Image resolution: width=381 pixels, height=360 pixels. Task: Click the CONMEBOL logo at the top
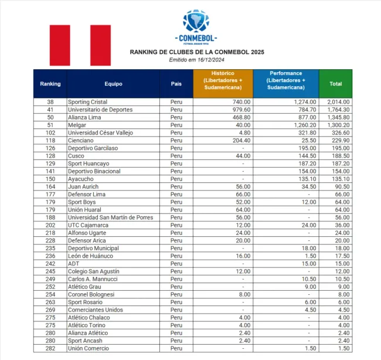pyautogui.click(x=199, y=27)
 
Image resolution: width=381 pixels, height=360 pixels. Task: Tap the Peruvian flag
pyautogui.click(x=80, y=45)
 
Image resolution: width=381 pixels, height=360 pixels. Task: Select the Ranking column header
pyautogui.click(x=50, y=84)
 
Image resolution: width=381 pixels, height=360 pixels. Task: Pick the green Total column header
pyautogui.click(x=336, y=84)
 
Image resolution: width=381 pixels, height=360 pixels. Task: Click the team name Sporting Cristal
pyautogui.click(x=88, y=102)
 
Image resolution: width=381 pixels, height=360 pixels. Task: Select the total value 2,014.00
pyautogui.click(x=339, y=102)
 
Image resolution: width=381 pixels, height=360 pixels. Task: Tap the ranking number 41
pyautogui.click(x=50, y=110)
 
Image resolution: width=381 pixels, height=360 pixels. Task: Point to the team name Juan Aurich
pyautogui.click(x=83, y=187)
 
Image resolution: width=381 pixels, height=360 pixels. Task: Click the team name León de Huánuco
pyautogui.click(x=90, y=256)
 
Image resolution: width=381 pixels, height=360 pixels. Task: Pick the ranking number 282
pyautogui.click(x=50, y=348)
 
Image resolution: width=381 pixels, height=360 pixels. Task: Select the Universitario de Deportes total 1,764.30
pyautogui.click(x=339, y=110)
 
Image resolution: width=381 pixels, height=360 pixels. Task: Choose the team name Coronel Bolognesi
pyautogui.click(x=91, y=294)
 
